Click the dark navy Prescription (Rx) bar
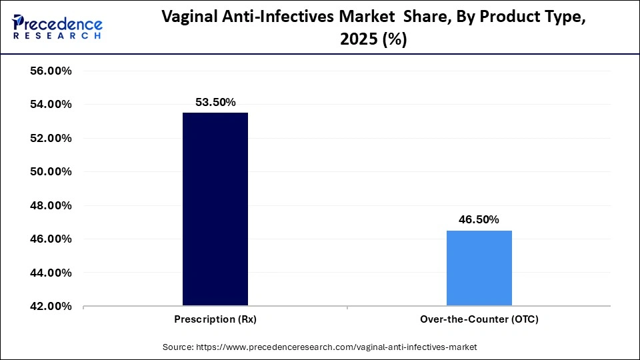(x=215, y=209)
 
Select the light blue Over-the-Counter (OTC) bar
(x=479, y=268)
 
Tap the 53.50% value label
(x=215, y=102)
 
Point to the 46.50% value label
(x=479, y=220)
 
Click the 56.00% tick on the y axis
(x=47, y=71)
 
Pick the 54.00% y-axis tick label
(x=47, y=105)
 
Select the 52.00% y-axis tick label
(x=47, y=138)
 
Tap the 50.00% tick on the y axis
(x=47, y=172)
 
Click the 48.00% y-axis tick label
(x=47, y=205)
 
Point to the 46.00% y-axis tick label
(x=47, y=239)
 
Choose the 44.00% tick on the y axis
(x=47, y=273)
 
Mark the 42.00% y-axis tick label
(x=47, y=307)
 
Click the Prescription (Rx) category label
(x=215, y=319)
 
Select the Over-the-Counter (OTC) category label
(x=479, y=319)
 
